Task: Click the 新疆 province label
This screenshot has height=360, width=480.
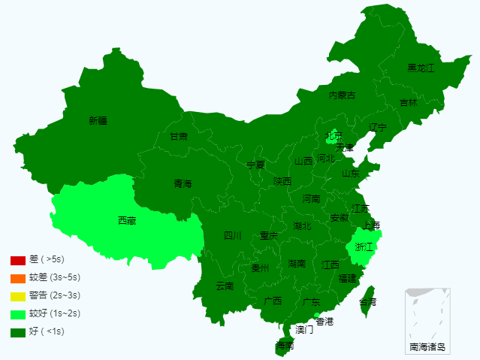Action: coord(98,120)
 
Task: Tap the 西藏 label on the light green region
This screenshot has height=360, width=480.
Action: coord(127,221)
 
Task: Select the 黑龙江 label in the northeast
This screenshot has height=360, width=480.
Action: coord(421,68)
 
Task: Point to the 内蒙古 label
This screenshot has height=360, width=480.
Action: coord(342,95)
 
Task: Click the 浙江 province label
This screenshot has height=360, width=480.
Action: coord(364,247)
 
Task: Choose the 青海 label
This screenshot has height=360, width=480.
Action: coord(183,183)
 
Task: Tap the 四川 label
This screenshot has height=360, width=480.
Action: coord(233,235)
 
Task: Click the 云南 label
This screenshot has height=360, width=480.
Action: coord(225,286)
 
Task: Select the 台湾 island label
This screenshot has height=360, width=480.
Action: coord(368,301)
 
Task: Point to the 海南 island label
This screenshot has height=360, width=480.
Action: coord(285,346)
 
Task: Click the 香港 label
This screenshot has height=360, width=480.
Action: coord(325,321)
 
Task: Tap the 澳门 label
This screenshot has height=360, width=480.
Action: coord(304,329)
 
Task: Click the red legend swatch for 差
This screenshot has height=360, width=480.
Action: coord(18,261)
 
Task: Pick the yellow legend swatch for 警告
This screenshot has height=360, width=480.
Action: coord(18,296)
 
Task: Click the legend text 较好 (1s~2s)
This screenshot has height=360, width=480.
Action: coord(54,313)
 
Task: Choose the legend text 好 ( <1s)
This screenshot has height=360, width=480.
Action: coord(47,331)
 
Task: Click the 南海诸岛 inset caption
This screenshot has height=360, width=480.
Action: coord(427,347)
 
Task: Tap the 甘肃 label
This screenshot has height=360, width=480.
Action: coord(179,137)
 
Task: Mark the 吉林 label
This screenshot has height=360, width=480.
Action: coord(408,103)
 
